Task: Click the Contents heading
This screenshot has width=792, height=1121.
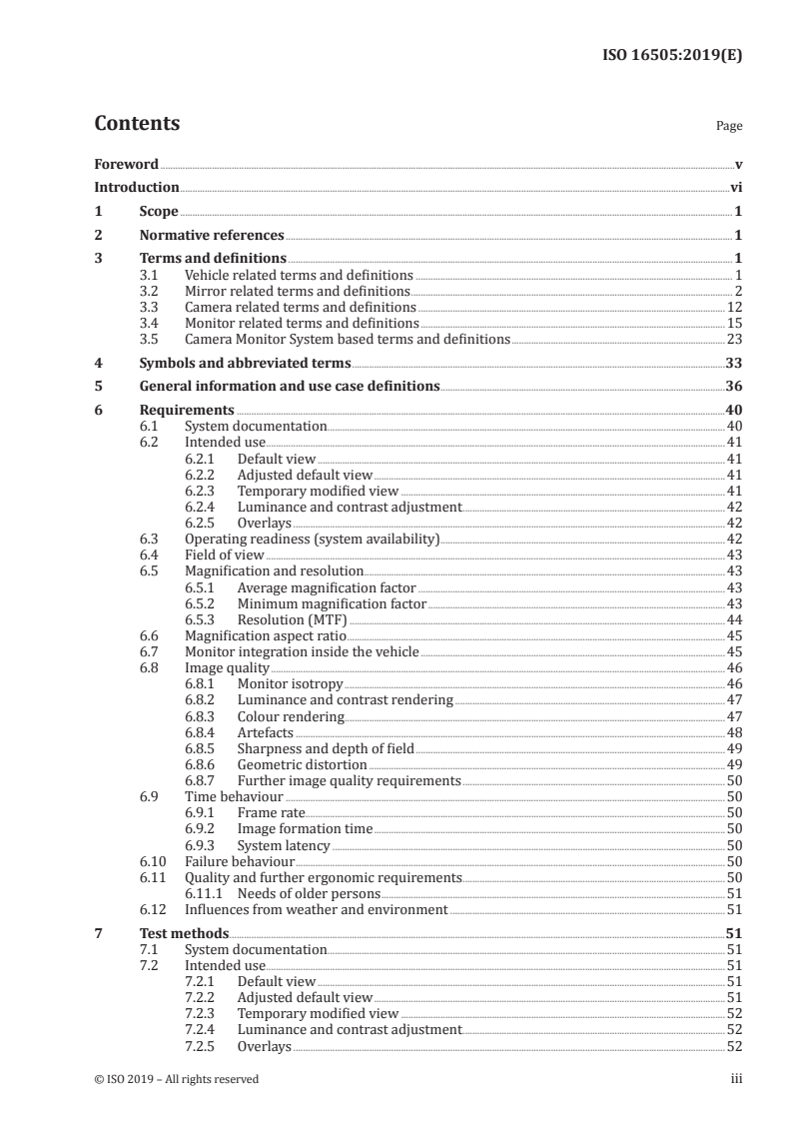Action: point(137,124)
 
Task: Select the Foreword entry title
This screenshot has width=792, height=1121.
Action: point(126,164)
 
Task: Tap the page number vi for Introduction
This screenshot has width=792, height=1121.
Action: point(735,187)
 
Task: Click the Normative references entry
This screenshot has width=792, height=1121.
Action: point(212,236)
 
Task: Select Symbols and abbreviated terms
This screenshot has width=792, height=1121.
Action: point(245,364)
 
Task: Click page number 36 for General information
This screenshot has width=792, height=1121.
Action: point(733,387)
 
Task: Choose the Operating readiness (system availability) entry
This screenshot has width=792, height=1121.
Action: point(313,539)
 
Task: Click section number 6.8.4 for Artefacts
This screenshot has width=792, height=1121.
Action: point(204,732)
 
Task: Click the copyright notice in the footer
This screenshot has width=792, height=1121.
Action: point(176,1078)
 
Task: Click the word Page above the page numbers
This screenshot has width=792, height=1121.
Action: point(729,127)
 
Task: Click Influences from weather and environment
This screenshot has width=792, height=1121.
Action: point(316,909)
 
